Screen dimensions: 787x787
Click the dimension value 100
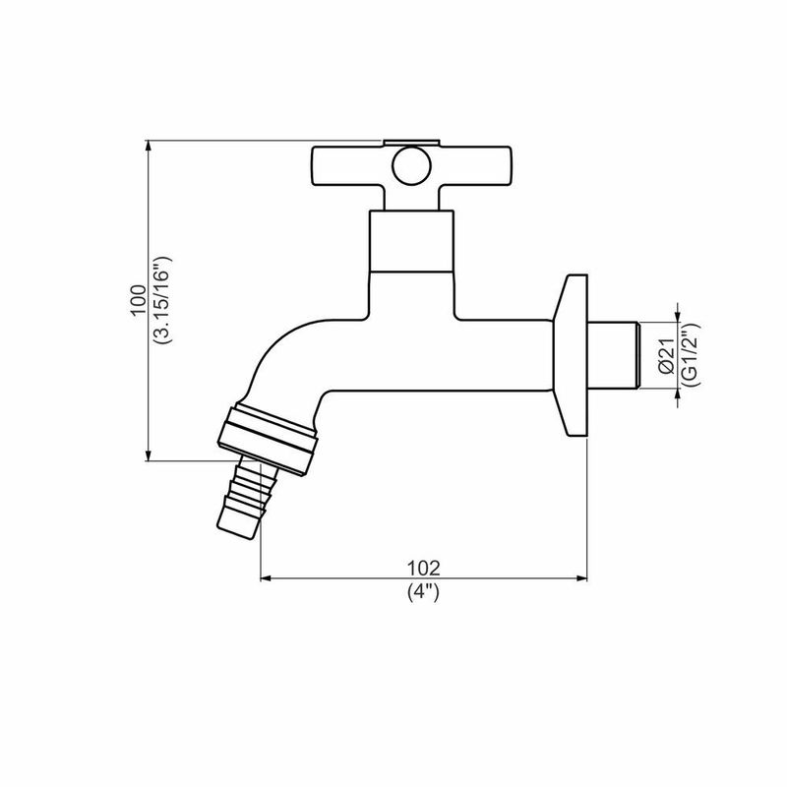[138, 299]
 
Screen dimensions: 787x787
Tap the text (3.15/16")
[162, 299]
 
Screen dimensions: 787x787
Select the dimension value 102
[423, 568]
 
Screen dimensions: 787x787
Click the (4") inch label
[423, 592]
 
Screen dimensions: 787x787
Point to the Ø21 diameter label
[665, 354]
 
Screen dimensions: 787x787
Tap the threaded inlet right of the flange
[620, 355]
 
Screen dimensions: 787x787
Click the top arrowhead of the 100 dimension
[147, 146]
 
